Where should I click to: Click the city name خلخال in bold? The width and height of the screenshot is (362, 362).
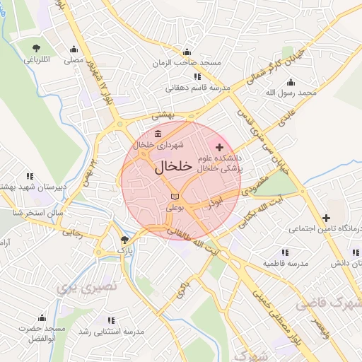coord(173,167)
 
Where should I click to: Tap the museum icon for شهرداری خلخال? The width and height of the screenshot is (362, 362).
coord(157,134)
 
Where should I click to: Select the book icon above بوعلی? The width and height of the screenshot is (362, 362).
coord(175,196)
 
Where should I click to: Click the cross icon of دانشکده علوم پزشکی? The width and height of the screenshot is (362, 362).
coord(219,147)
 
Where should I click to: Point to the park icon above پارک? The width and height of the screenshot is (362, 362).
coord(125,240)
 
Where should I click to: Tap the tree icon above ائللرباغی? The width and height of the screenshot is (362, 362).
coord(36,48)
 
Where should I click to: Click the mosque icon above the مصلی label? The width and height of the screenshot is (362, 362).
coord(74,49)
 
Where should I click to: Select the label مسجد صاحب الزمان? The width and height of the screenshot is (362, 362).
coord(187,63)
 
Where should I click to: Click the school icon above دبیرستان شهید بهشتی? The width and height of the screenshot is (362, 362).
coord(30,175)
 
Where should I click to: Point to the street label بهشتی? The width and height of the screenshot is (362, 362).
coord(163,114)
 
